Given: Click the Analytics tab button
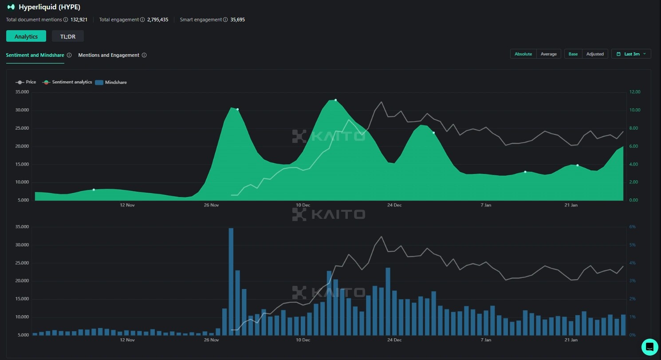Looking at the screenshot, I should coord(26,36).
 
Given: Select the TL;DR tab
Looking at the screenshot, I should coord(68,36).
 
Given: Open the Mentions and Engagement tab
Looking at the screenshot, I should coord(109,55).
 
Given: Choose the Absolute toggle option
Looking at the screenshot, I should coord(523,54).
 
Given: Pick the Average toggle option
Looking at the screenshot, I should coord(548,54).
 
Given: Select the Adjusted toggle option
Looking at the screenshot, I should coord(595,54).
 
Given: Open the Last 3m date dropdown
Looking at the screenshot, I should coord(631,54).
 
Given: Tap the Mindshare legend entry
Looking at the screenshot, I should coord(115,82).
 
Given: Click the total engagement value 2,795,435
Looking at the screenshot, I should coord(157,20).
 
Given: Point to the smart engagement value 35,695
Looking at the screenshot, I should coord(237,20).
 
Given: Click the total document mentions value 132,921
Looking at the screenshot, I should coord(79,20).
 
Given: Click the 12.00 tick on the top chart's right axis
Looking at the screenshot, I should coord(635,92).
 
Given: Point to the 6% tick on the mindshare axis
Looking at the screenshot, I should coord(633,227).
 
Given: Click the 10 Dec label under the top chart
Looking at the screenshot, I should coord(303,205).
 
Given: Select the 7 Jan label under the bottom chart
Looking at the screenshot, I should coord(486,340).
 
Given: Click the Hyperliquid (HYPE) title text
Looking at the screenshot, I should coord(49,7).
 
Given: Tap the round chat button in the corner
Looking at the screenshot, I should coord(649,347).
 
